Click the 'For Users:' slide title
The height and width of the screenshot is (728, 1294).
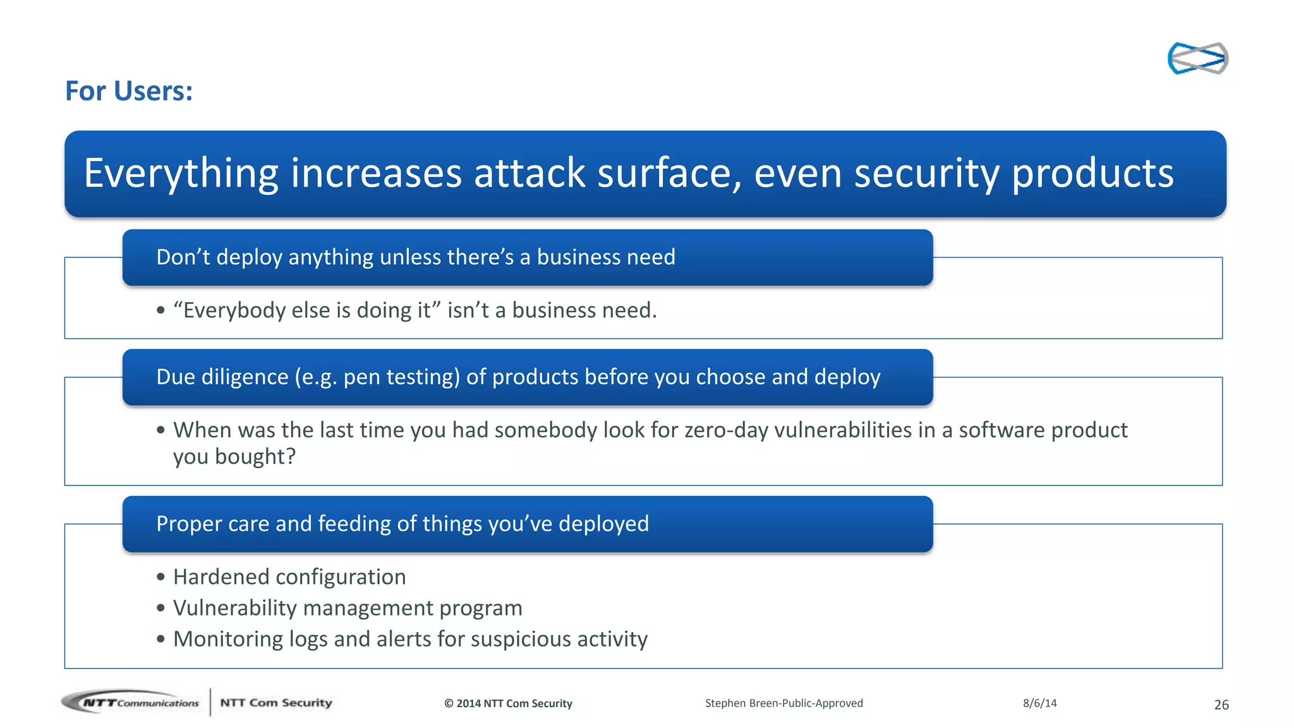pyautogui.click(x=129, y=91)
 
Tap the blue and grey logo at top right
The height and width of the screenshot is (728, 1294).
pyautogui.click(x=1197, y=59)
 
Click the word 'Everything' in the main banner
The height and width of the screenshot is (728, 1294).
pyautogui.click(x=181, y=174)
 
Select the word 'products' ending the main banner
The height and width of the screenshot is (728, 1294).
pyautogui.click(x=1092, y=174)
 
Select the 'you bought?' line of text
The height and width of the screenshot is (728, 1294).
pyautogui.click(x=234, y=456)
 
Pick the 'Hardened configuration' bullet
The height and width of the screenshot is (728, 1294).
pyautogui.click(x=289, y=577)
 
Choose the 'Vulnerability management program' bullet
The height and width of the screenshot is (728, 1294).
pyautogui.click(x=348, y=608)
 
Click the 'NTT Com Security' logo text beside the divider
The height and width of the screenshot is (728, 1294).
pyautogui.click(x=275, y=703)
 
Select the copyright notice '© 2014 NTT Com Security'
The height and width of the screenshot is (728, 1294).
pyautogui.click(x=508, y=703)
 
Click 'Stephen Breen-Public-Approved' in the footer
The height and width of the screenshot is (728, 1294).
pyautogui.click(x=783, y=703)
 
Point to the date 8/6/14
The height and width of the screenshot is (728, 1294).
pyautogui.click(x=1039, y=703)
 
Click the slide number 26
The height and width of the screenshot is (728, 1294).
pyautogui.click(x=1221, y=705)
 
